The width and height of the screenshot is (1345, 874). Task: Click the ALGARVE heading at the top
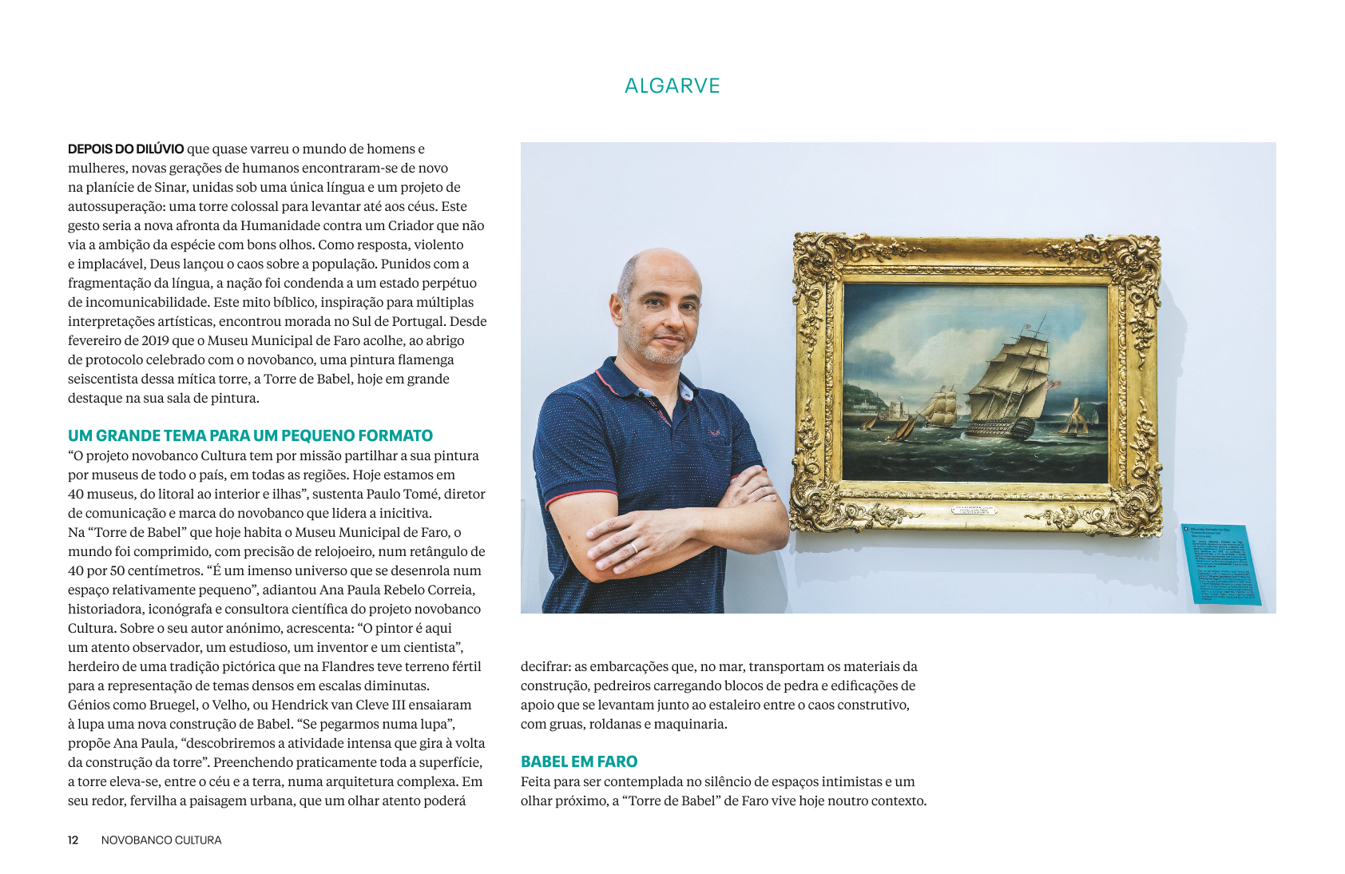(x=672, y=86)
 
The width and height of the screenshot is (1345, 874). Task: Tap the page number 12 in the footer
(x=73, y=840)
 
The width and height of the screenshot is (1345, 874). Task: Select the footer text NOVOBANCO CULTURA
(x=161, y=840)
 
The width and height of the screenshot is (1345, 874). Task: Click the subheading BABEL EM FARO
(x=579, y=761)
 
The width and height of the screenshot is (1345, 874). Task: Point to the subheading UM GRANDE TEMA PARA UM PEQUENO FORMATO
(x=250, y=435)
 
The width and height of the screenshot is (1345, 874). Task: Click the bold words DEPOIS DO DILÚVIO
(x=125, y=149)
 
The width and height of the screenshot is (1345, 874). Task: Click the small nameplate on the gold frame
(x=974, y=510)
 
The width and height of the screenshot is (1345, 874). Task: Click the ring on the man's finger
(x=635, y=547)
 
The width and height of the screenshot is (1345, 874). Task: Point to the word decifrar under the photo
(x=546, y=666)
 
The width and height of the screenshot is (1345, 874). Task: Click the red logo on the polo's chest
(x=716, y=433)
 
